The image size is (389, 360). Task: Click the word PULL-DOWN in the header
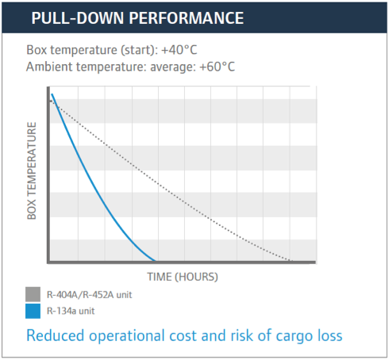pyautogui.click(x=78, y=18)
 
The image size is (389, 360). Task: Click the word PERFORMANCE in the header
pyautogui.click(x=187, y=18)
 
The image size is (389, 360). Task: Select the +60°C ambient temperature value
pyautogui.click(x=218, y=67)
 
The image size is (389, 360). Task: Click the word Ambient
pyautogui.click(x=49, y=67)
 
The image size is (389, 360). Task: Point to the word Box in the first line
pyautogui.click(x=37, y=50)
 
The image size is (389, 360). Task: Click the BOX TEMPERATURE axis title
pyautogui.click(x=32, y=170)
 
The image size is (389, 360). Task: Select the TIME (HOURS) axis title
pyautogui.click(x=183, y=277)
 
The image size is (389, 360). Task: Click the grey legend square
pyautogui.click(x=33, y=294)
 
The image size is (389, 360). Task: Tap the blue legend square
pyautogui.click(x=33, y=311)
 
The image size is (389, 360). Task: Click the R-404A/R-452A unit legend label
pyautogui.click(x=89, y=295)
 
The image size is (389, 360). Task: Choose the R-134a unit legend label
pyautogui.click(x=71, y=311)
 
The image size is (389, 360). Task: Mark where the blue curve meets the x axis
pyautogui.click(x=156, y=261)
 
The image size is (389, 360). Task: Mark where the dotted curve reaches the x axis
pyautogui.click(x=292, y=261)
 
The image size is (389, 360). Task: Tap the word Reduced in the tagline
pyautogui.click(x=56, y=335)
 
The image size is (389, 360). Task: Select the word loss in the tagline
pyautogui.click(x=330, y=335)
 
